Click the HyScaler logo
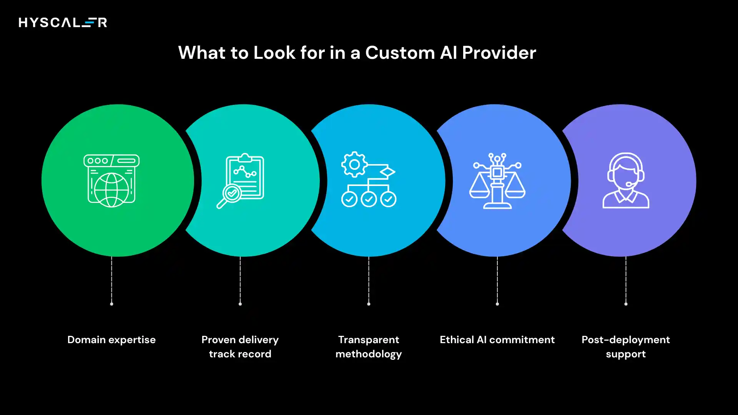63,23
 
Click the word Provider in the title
499,53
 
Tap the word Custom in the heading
400,53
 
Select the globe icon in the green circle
111,190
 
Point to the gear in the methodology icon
354,164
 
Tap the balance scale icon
497,181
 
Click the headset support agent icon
625,181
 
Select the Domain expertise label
111,340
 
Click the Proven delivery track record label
240,347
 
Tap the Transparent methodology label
369,347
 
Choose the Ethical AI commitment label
497,340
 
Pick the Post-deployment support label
625,347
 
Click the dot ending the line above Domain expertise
111,304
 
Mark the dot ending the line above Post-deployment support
626,304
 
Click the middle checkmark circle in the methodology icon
369,199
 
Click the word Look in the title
274,53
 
